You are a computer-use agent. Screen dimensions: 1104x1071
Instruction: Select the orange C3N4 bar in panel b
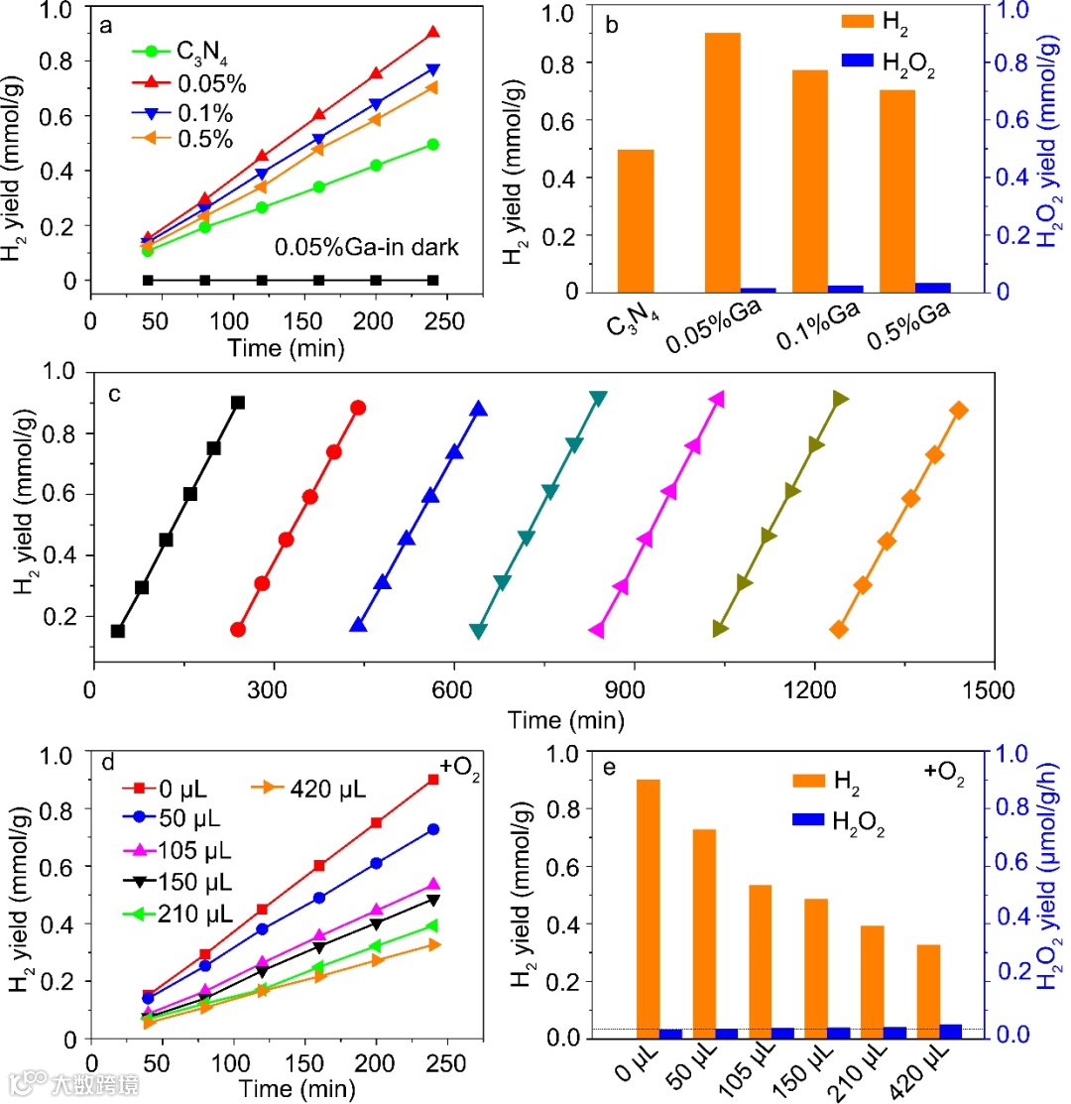click(x=636, y=220)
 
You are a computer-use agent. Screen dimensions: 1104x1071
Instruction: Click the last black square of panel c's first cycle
click(x=238, y=402)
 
